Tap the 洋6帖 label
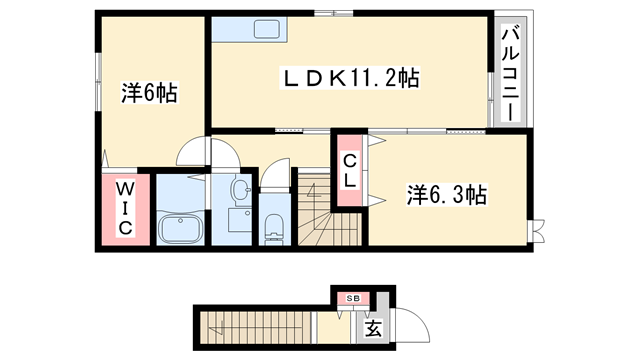click(150, 94)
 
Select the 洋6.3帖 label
click(446, 193)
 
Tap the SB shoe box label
click(353, 298)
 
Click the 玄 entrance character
click(372, 327)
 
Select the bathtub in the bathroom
click(180, 226)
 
